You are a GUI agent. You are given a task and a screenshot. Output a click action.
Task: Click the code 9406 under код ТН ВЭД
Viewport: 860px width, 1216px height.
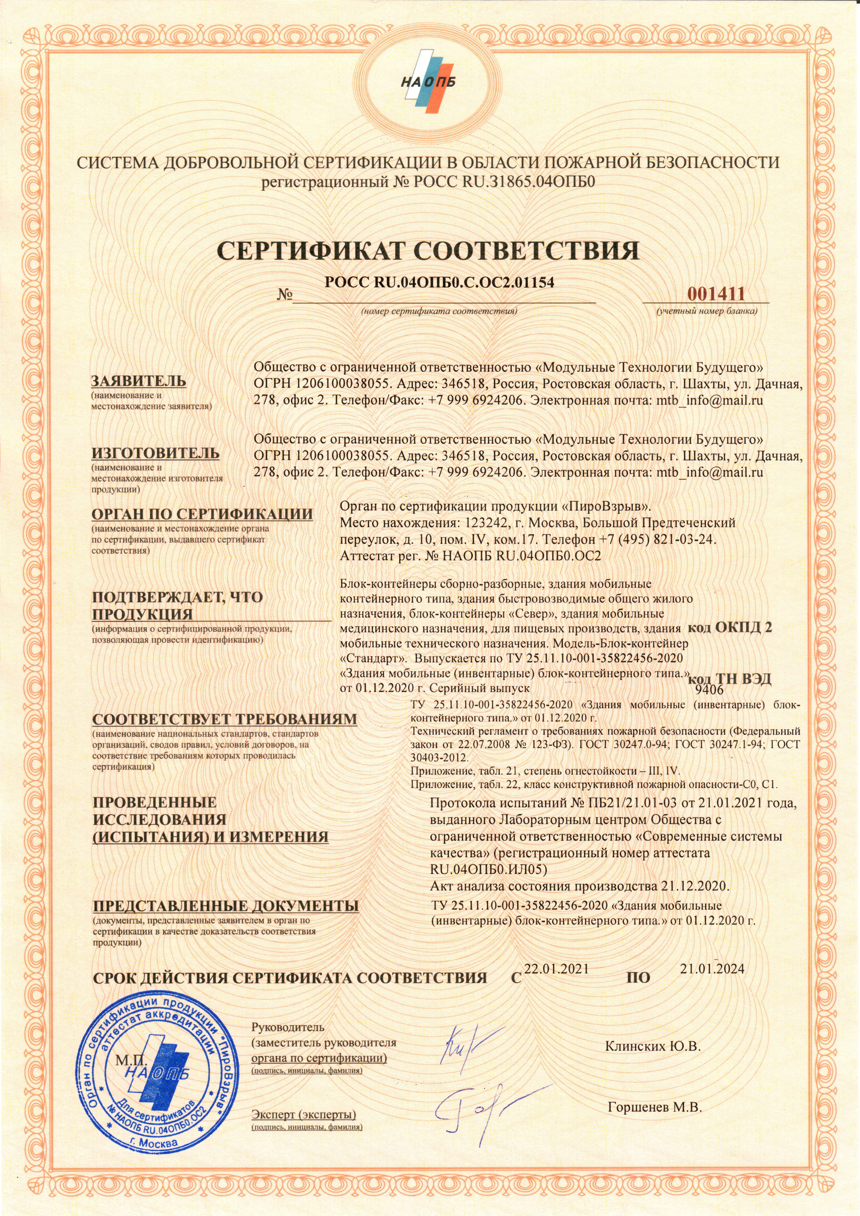coord(709,689)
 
